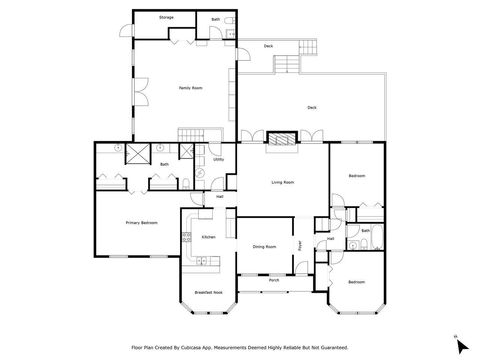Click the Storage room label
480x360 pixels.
(166, 18)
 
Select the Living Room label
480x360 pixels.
(282, 182)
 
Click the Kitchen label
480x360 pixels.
(209, 237)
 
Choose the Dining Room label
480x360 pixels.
(264, 246)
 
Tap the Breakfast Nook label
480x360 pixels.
(208, 292)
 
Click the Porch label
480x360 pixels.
(273, 281)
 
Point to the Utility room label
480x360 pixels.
(218, 159)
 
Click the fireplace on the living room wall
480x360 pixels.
(282, 139)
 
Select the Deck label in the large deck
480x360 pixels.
(311, 107)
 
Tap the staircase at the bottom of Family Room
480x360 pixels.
(191, 135)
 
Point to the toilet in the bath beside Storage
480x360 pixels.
(230, 20)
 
